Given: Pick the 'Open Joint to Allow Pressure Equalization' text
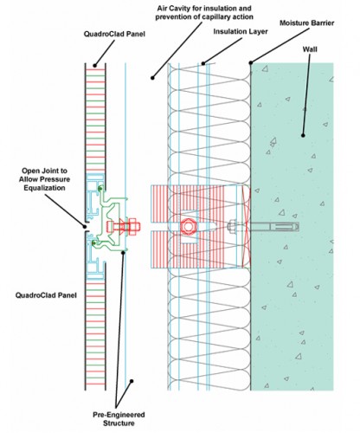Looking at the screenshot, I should pos(35,179).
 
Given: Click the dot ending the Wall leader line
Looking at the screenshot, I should pos(303,134).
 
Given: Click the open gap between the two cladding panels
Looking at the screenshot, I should pos(87,229).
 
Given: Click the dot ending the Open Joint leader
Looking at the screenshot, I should pos(85,223).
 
